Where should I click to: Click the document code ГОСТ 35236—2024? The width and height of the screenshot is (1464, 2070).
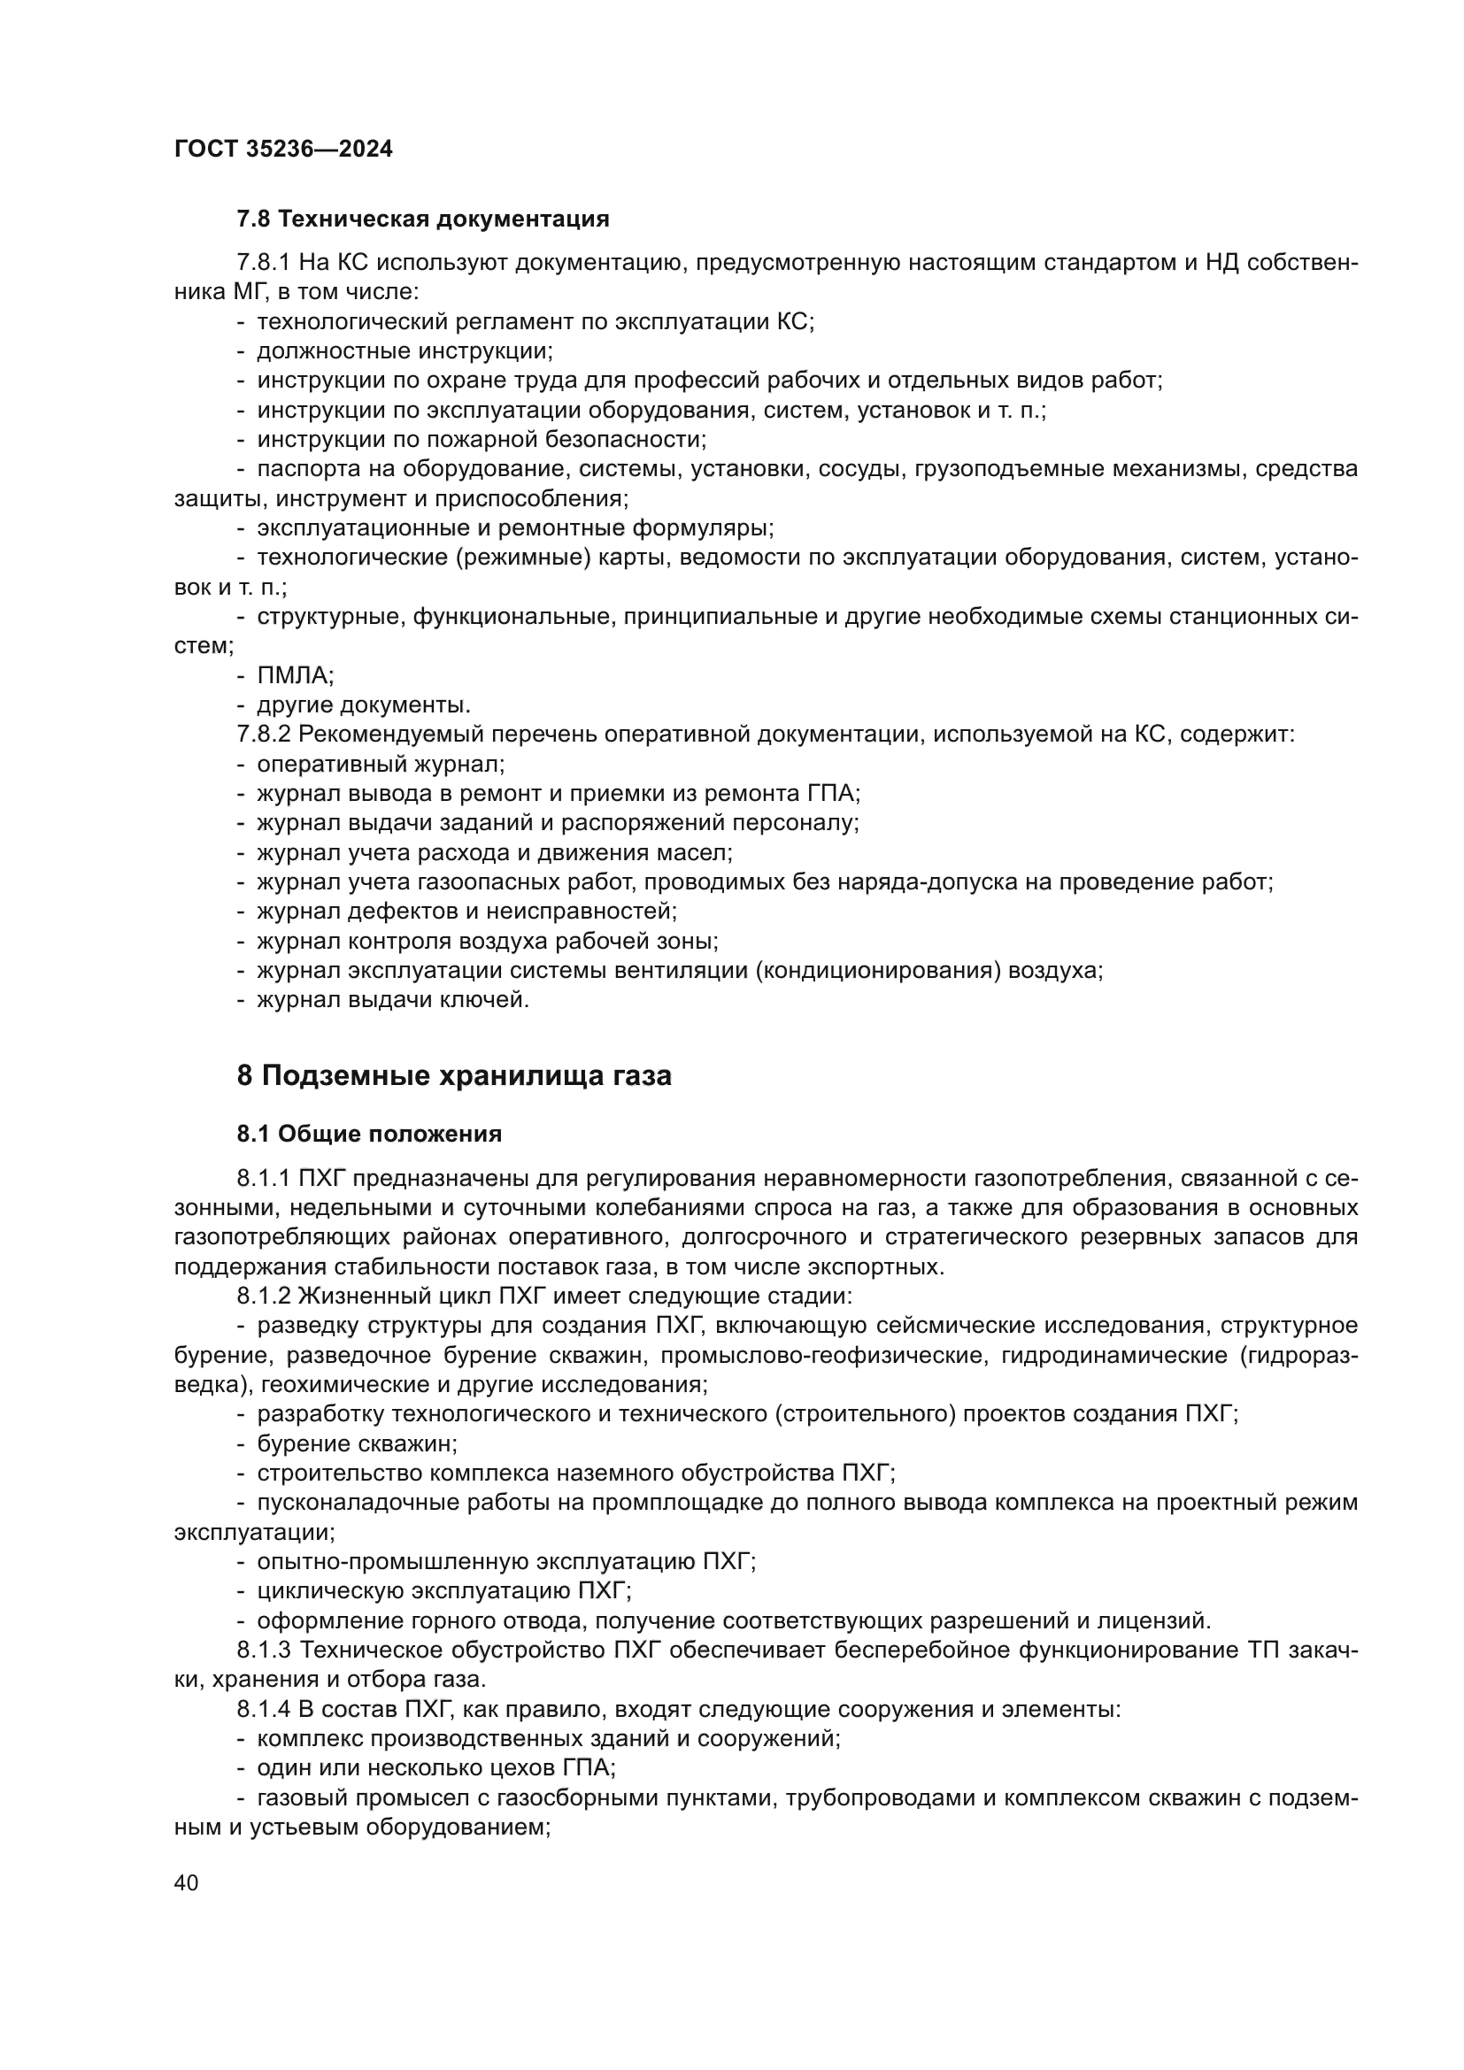[x=283, y=150]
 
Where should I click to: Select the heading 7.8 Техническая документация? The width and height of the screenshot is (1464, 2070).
[x=423, y=219]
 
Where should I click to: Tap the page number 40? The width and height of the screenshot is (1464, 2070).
[x=187, y=1883]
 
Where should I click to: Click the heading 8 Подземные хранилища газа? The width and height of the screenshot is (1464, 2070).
[x=453, y=1076]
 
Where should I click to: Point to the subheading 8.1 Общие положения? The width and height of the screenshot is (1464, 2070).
[x=369, y=1135]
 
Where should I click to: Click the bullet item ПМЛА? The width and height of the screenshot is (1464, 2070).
[x=295, y=675]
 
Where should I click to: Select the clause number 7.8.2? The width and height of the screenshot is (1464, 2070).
[x=263, y=734]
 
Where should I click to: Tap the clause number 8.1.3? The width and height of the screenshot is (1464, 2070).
[x=263, y=1650]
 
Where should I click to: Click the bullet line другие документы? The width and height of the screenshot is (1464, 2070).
[x=363, y=704]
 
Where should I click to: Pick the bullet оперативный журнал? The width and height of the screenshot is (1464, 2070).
[x=380, y=764]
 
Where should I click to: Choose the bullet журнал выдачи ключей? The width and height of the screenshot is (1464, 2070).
[x=392, y=1000]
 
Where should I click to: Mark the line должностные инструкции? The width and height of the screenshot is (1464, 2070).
[x=405, y=350]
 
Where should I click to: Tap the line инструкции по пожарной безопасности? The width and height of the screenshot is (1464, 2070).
[x=482, y=439]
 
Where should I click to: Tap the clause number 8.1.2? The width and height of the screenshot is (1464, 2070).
[x=263, y=1297]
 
